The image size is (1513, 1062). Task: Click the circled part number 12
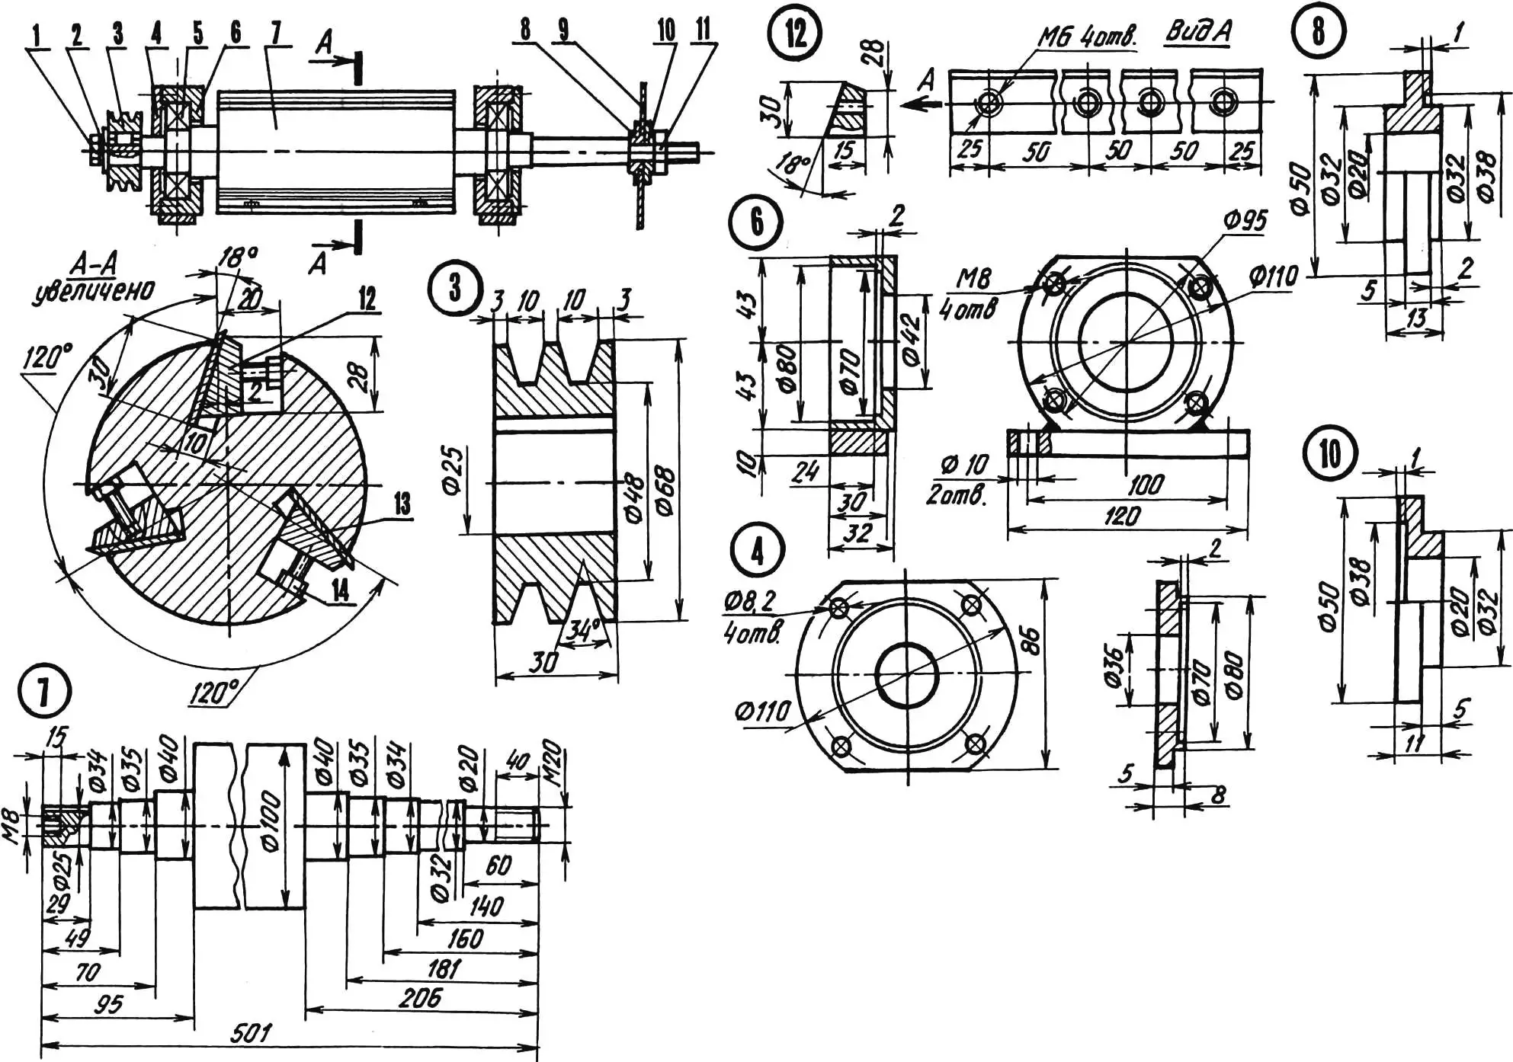[796, 33]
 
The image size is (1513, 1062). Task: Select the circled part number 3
[455, 287]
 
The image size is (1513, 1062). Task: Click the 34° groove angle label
[584, 630]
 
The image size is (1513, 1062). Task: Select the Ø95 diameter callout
[1245, 221]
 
